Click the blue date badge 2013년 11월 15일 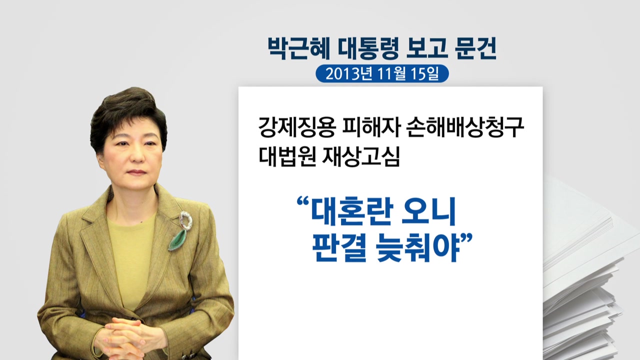(382, 73)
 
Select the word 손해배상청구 (465, 127)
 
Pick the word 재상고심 (361, 156)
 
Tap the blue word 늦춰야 (417, 247)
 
